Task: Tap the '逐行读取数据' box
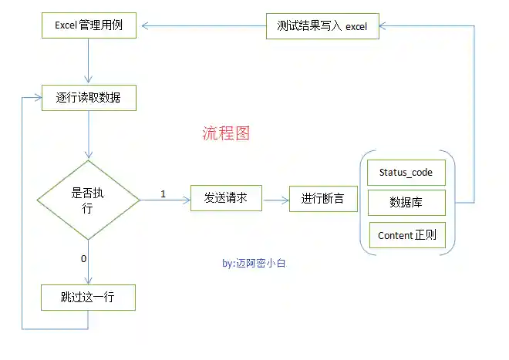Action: click(x=88, y=98)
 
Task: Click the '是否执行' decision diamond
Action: click(x=89, y=200)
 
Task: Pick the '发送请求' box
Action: click(x=225, y=197)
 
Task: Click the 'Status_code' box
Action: click(x=406, y=173)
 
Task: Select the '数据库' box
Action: click(x=406, y=203)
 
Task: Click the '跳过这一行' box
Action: click(x=88, y=297)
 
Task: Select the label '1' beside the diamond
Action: click(x=163, y=193)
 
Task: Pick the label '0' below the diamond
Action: click(x=83, y=258)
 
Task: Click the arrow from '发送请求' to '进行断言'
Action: click(x=275, y=199)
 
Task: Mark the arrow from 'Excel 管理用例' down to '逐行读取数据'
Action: click(x=89, y=61)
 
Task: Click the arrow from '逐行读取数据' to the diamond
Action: click(x=89, y=136)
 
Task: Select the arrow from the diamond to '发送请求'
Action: click(x=165, y=201)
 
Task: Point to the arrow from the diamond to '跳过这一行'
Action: click(x=89, y=261)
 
